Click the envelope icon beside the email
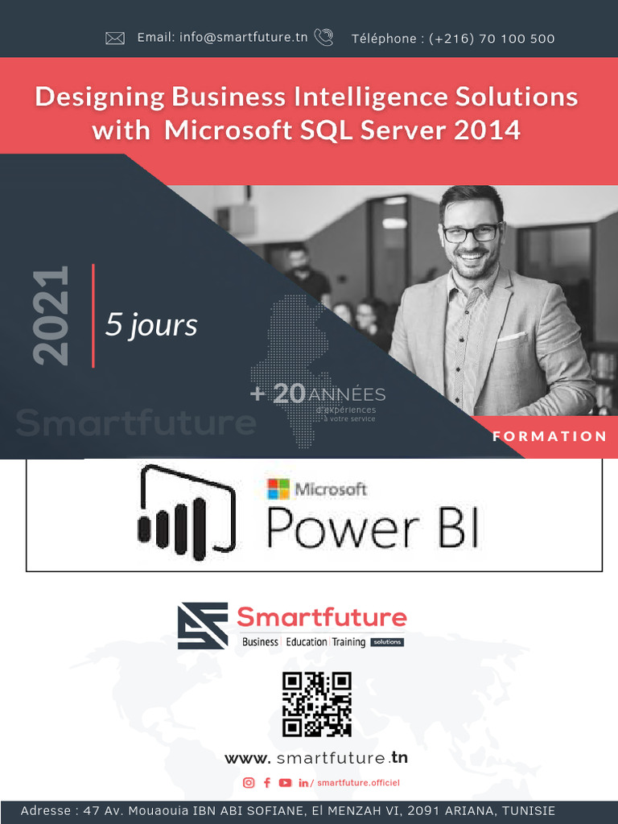(115, 38)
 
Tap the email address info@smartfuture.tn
(222, 38)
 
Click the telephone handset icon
(323, 37)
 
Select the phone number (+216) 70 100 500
(492, 39)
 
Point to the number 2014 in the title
(487, 130)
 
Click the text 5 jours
(151, 325)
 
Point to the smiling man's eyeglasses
(472, 233)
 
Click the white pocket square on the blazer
(511, 336)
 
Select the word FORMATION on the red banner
(550, 436)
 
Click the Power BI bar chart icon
(186, 512)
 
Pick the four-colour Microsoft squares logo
(278, 488)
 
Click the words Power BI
(373, 530)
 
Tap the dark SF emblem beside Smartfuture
(203, 626)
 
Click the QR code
(317, 704)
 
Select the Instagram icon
(249, 783)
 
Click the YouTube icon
(285, 783)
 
